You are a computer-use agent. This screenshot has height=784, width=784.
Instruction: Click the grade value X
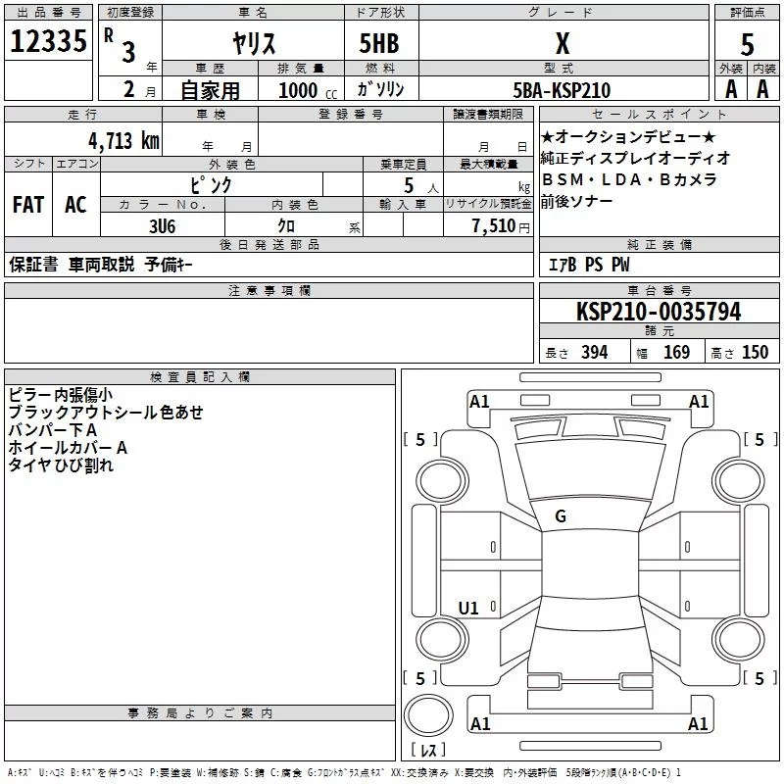click(x=562, y=42)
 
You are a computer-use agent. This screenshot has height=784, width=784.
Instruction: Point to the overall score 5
click(x=747, y=44)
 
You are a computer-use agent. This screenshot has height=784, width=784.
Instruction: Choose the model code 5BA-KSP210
click(x=562, y=90)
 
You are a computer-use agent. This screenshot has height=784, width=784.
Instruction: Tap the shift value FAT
click(x=27, y=205)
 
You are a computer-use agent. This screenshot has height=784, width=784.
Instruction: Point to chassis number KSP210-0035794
click(x=659, y=312)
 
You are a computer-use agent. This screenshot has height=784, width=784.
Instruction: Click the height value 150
click(x=756, y=353)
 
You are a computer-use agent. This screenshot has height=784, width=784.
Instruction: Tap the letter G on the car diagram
click(x=561, y=515)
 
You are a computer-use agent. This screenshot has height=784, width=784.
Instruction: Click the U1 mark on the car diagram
click(x=469, y=609)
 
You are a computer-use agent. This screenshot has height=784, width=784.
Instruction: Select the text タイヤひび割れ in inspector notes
click(x=61, y=465)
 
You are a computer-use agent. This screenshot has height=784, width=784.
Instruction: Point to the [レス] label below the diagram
click(x=428, y=751)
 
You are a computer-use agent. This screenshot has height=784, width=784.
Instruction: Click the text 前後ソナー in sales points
click(x=576, y=200)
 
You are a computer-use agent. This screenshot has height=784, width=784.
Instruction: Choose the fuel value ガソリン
click(x=381, y=90)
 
